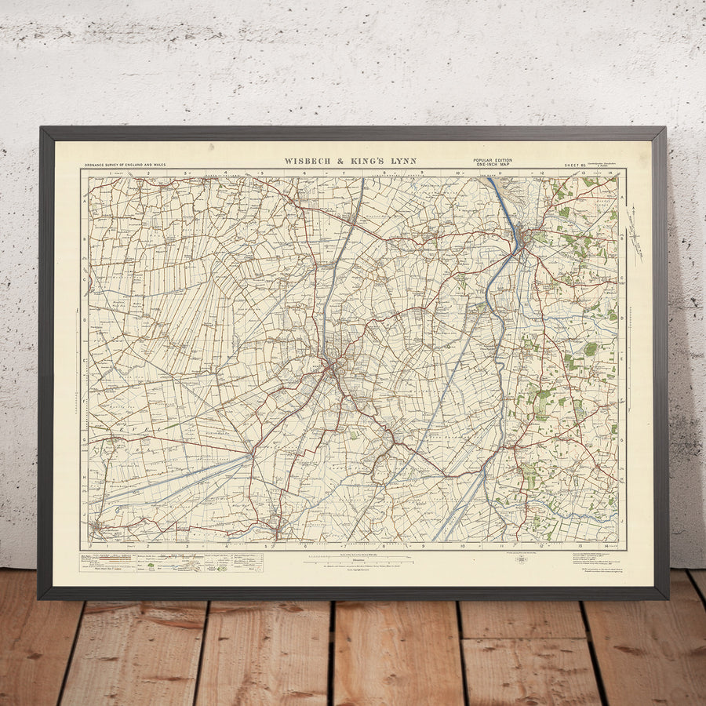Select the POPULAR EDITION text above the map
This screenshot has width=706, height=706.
492,160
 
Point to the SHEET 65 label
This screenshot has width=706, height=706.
576,166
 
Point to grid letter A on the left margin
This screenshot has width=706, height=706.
84,200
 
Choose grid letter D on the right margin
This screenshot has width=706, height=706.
622,320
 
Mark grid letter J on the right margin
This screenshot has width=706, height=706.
622,519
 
